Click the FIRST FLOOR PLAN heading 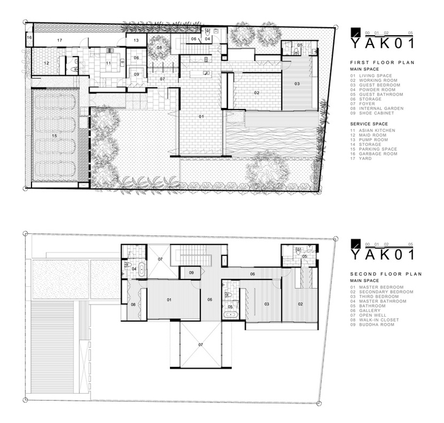click(x=382, y=62)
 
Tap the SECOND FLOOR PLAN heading click(x=386, y=274)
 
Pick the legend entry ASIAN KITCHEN click(x=377, y=131)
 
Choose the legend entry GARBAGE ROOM click(x=378, y=154)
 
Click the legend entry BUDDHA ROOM click(x=377, y=324)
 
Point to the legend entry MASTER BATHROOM click(x=383, y=302)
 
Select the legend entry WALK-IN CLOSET click(x=379, y=320)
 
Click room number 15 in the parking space click(x=54, y=136)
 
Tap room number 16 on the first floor click(x=29, y=37)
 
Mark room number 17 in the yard click(x=60, y=41)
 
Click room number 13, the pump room click(x=136, y=40)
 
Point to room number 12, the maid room click(x=47, y=63)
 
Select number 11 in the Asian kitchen click(x=109, y=63)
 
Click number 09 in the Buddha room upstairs click(x=192, y=273)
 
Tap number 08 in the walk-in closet click(x=133, y=305)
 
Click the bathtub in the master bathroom click(x=142, y=270)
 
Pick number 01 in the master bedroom click(x=169, y=300)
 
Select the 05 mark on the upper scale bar click(x=410, y=33)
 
